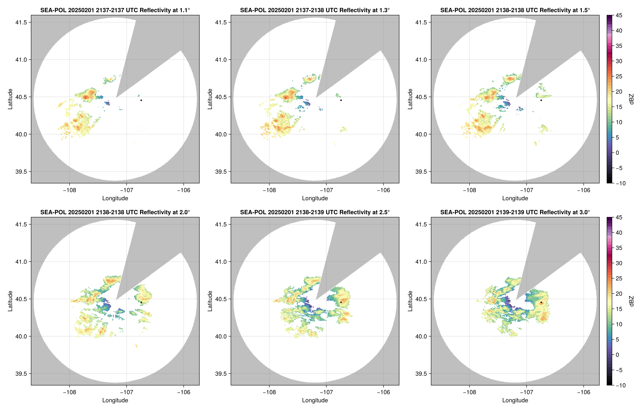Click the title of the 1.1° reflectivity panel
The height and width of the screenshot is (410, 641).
pos(115,10)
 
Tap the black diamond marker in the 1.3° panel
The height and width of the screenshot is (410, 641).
pos(341,100)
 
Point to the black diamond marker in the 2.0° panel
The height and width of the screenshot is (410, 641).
pos(141,302)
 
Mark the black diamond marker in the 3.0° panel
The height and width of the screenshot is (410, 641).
pos(541,302)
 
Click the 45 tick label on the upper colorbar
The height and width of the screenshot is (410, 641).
pos(619,16)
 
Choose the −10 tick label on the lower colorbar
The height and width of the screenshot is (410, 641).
pos(620,385)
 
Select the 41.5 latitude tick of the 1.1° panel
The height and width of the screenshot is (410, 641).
pos(21,22)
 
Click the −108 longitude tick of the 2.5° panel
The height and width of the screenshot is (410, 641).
pos(269,392)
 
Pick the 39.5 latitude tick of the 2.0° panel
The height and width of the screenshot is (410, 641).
pos(21,373)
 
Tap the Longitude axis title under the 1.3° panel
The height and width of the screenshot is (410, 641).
pos(315,198)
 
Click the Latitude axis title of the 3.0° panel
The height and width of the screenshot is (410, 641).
pos(410,301)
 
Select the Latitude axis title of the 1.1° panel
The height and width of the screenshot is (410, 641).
pos(10,99)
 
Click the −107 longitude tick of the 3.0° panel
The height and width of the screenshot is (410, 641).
pos(526,392)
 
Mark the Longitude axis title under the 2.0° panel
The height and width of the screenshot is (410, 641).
pos(115,400)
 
